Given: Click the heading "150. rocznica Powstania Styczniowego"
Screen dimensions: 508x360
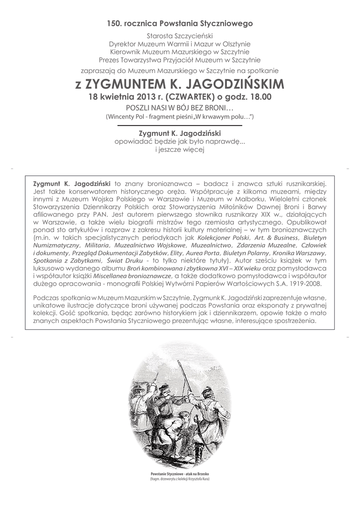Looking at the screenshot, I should pos(180,23).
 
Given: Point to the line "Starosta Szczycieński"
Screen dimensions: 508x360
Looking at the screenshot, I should pos(180,36).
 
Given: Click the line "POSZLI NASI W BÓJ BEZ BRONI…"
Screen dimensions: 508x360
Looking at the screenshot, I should pos(180,108).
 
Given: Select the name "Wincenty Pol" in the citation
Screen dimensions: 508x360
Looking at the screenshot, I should pos(129,117).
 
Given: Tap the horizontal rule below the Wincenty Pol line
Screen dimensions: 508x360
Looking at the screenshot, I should pos(180,126).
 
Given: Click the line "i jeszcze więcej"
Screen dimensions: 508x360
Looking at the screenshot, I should pos(180,149).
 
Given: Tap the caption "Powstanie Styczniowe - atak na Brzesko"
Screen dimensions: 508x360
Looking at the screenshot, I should pos(180,474).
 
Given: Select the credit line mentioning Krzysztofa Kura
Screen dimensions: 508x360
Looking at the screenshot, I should pos(180,480).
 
